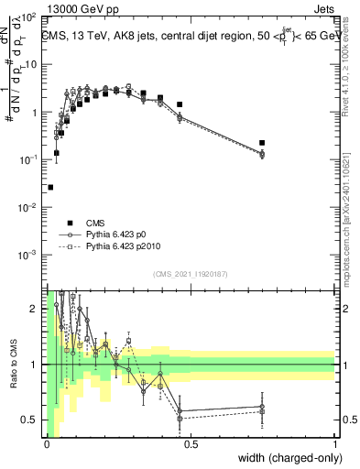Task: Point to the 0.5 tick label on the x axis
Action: [x=190, y=444]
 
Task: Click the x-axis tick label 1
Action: [x=334, y=444]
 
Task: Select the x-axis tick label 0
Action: [x=46, y=444]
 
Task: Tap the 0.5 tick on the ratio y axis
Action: [x=31, y=420]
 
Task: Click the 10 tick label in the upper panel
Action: [x=33, y=65]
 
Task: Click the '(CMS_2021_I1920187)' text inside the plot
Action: [x=190, y=274]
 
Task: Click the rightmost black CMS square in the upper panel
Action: [x=262, y=143]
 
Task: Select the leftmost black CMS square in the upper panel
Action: [x=50, y=187]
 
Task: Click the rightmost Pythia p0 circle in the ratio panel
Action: [x=262, y=407]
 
